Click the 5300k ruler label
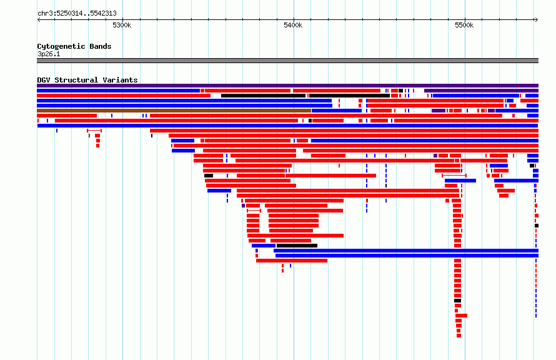point(122,25)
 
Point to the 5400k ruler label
point(293,25)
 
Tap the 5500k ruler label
point(464,25)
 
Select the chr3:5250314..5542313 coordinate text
point(77,14)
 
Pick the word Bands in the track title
point(101,46)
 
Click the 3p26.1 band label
point(49,54)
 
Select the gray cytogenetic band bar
point(287,61)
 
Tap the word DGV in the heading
point(44,80)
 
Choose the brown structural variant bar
point(174,111)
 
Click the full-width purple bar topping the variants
point(287,86)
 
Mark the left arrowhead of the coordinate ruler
point(38,20)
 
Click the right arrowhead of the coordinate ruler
point(537,20)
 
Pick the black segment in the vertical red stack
point(458,301)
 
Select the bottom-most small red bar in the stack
point(459,336)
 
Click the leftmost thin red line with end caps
point(94,131)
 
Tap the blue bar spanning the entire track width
point(287,126)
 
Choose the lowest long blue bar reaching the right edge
point(407,256)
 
